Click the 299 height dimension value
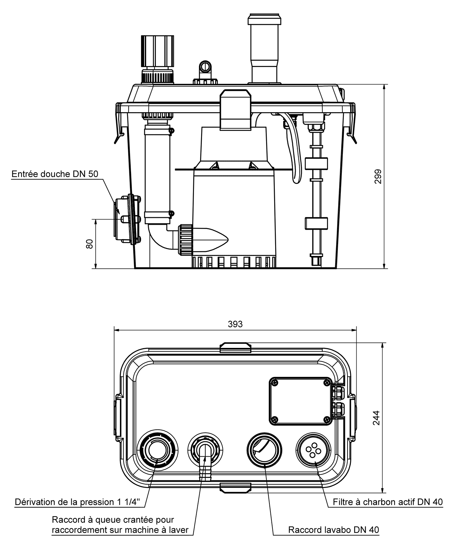(378, 176)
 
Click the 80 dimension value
(90, 244)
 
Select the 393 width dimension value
(235, 324)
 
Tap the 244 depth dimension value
(376, 418)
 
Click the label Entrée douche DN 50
(55, 174)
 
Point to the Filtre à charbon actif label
(388, 502)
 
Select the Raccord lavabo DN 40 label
(333, 530)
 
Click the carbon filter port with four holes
(312, 450)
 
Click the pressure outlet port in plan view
(157, 450)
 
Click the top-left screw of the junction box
(275, 383)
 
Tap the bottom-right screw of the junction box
(326, 419)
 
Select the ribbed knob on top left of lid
(157, 51)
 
